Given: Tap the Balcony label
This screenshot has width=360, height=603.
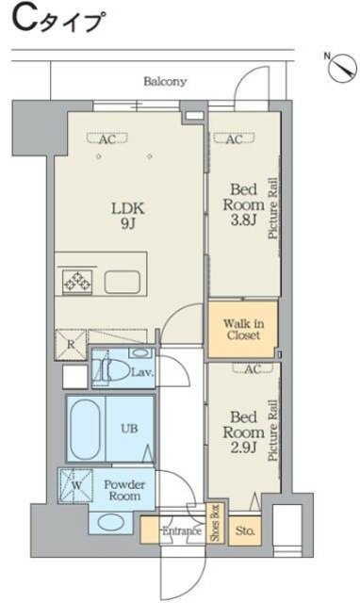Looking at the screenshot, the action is pos(165,82).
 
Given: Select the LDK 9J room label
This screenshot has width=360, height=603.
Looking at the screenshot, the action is pos(127,216).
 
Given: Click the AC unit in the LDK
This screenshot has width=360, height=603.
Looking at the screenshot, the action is pos(106,139).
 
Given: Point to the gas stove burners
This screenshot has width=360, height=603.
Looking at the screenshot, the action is pos(77,280).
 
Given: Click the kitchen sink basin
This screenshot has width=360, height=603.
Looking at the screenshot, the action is pos(123,282).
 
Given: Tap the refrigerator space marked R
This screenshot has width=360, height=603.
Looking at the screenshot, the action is pos(71,345).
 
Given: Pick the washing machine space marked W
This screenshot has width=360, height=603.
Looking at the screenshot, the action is pos(75,485).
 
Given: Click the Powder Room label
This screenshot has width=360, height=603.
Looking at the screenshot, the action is pos(124,490).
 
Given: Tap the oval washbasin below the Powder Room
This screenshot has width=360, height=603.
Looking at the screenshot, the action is pos(109,522).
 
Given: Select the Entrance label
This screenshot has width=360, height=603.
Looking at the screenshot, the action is pos(182,531).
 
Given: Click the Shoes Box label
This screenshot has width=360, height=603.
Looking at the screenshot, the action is pos(215,523).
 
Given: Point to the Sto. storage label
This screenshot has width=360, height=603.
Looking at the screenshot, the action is pos(245,531).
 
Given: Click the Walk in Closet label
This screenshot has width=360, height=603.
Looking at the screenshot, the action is pos(243,329).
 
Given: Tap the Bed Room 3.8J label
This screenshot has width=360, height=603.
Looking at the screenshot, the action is pos(244,204).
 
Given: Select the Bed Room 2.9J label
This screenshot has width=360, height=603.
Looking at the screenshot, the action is pos(244,432).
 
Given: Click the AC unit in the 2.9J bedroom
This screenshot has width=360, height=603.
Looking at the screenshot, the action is pos(253,368).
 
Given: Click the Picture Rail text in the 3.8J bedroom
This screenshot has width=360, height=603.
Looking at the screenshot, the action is pos(273,208).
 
